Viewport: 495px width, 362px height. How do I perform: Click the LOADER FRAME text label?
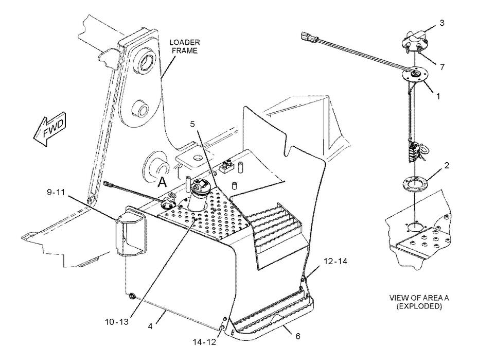coord(185,46)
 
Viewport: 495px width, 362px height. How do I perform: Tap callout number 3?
coord(442,23)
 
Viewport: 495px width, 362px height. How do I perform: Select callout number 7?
coord(443,67)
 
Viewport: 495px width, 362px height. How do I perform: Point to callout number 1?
coord(438,96)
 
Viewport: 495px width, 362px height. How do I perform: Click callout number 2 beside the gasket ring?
coord(447,165)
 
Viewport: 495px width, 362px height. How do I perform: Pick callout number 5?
coord(192,124)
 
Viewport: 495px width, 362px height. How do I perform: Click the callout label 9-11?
coord(56,192)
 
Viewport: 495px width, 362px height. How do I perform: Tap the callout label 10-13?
coord(117,322)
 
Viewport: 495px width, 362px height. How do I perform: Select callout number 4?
coord(150,326)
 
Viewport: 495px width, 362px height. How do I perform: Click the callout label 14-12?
coord(205,342)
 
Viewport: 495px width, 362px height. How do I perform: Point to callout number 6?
coord(298,336)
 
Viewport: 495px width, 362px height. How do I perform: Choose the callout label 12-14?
coord(335,261)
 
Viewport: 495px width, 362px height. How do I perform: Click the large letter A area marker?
coord(162,182)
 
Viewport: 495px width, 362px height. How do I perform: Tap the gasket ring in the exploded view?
coord(415,183)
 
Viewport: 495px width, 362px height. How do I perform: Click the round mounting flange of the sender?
coord(415,75)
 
